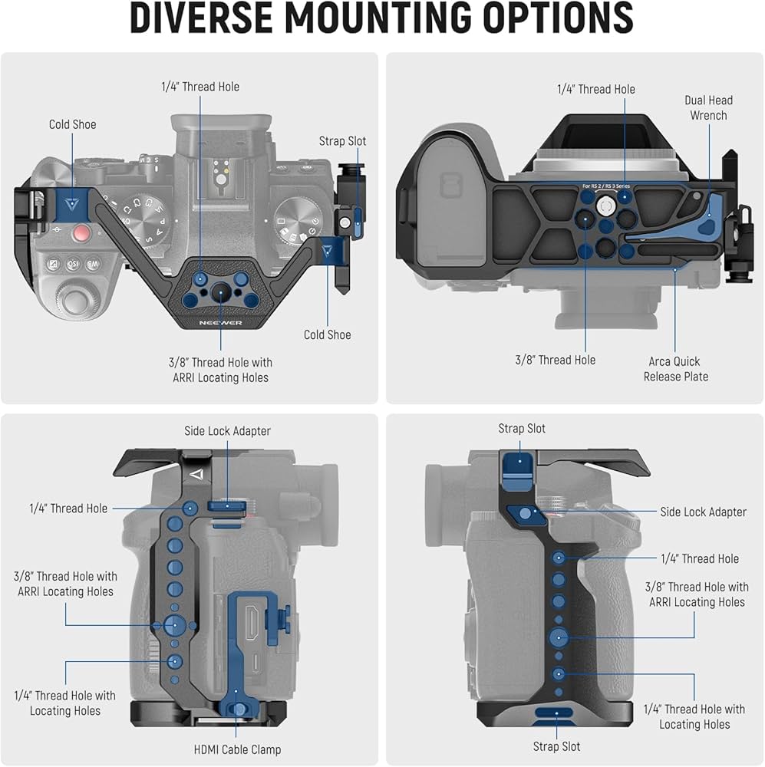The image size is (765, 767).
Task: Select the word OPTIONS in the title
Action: point(560,18)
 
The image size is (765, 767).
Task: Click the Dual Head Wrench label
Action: point(708,107)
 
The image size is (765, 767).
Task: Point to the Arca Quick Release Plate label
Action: point(675,369)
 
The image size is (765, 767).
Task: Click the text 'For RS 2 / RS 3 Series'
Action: point(605,186)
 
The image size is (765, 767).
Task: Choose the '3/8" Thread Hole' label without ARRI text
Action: point(555,360)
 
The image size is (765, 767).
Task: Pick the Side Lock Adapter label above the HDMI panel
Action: point(227,431)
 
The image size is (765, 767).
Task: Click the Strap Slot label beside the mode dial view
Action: point(342,141)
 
